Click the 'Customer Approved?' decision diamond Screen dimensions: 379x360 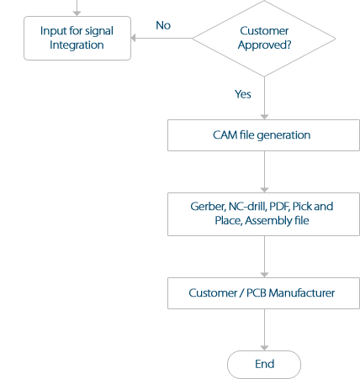(x=264, y=38)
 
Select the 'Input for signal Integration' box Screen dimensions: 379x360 (x=77, y=38)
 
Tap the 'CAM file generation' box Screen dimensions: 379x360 (x=262, y=134)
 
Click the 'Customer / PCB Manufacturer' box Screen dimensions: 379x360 (x=262, y=293)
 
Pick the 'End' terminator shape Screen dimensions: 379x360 (x=264, y=364)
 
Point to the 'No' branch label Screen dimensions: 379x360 (x=163, y=25)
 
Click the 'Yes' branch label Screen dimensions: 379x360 (x=243, y=94)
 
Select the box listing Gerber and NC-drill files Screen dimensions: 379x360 (x=262, y=213)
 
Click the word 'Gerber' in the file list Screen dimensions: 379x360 (x=207, y=206)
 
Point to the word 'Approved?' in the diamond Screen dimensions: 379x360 (x=264, y=45)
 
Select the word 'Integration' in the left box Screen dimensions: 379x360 (x=77, y=45)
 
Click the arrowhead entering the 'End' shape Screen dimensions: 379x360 (x=264, y=346)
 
